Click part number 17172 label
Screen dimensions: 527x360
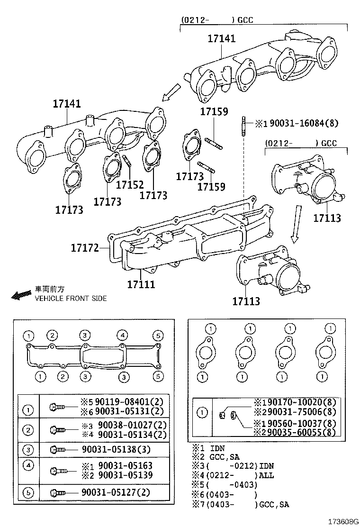85,247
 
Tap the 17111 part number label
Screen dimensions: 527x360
141,284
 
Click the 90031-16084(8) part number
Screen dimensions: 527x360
303,124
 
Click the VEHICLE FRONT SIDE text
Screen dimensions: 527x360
71,299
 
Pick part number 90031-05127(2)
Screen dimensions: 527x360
116,492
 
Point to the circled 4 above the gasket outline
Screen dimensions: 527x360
122,336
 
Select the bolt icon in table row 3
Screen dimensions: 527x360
58,449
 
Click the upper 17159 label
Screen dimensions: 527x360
214,112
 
